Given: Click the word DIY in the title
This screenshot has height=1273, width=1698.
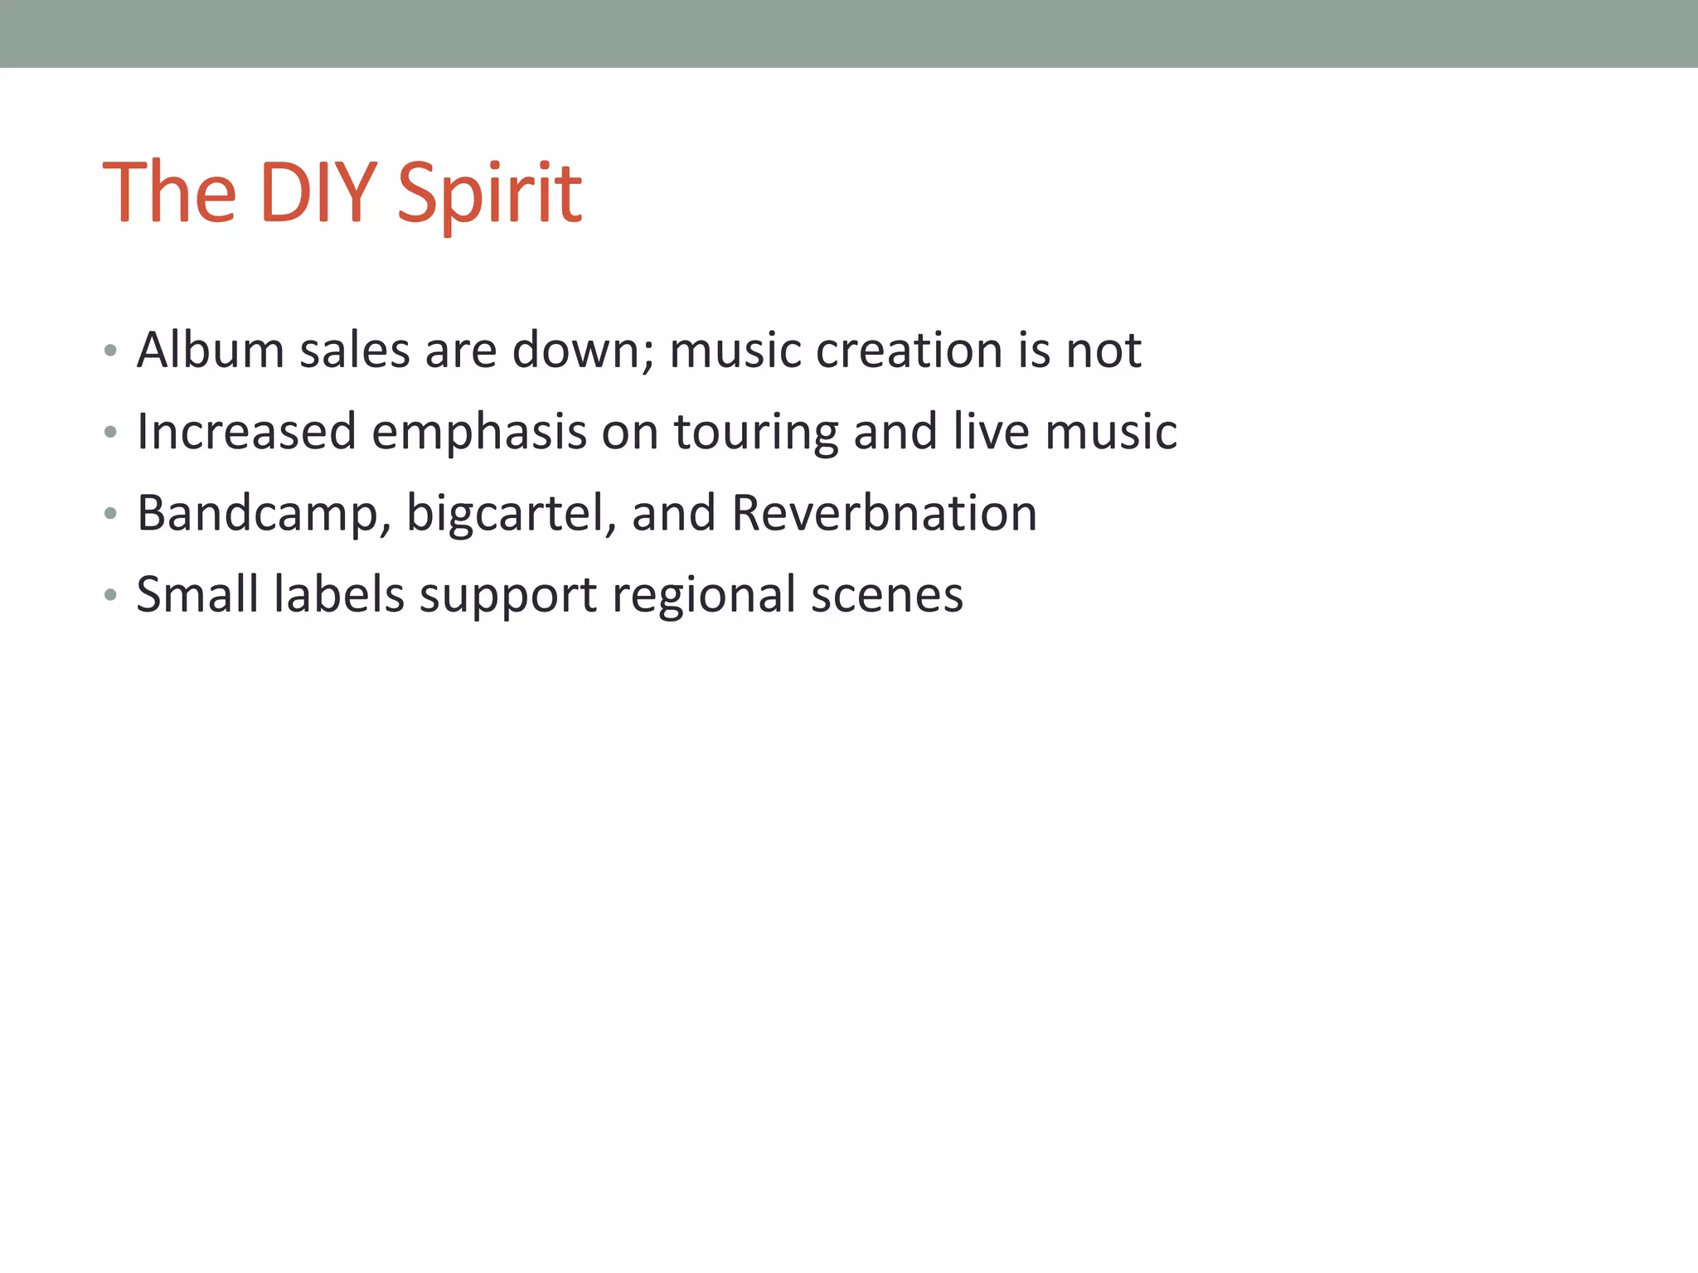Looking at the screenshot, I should click(318, 193).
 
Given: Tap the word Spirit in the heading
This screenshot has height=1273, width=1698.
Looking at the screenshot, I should click(489, 193).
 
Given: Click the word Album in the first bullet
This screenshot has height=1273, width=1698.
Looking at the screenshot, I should click(211, 350).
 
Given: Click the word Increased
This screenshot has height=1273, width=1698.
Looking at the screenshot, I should click(246, 432).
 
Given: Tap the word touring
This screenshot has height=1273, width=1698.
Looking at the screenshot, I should click(755, 432).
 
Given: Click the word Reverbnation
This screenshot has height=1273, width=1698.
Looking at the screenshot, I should click(884, 513).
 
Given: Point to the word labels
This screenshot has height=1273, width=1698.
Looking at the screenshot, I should click(339, 594).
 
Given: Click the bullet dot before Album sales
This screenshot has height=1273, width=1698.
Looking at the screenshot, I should click(110, 351).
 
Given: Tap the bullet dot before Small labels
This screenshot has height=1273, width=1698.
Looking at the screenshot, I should click(110, 596).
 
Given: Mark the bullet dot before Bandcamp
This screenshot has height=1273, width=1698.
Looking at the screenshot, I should click(110, 515).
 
